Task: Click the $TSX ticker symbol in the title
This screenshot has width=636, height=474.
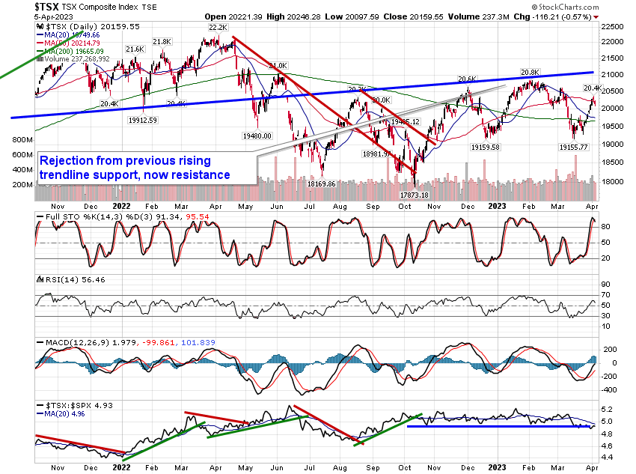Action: pos(48,7)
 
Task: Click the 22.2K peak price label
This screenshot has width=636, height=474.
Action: pos(217,27)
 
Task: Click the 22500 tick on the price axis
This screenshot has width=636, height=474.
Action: pos(614,25)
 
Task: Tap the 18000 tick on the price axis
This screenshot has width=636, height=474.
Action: pos(614,181)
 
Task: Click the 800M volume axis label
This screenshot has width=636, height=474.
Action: pos(22,140)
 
